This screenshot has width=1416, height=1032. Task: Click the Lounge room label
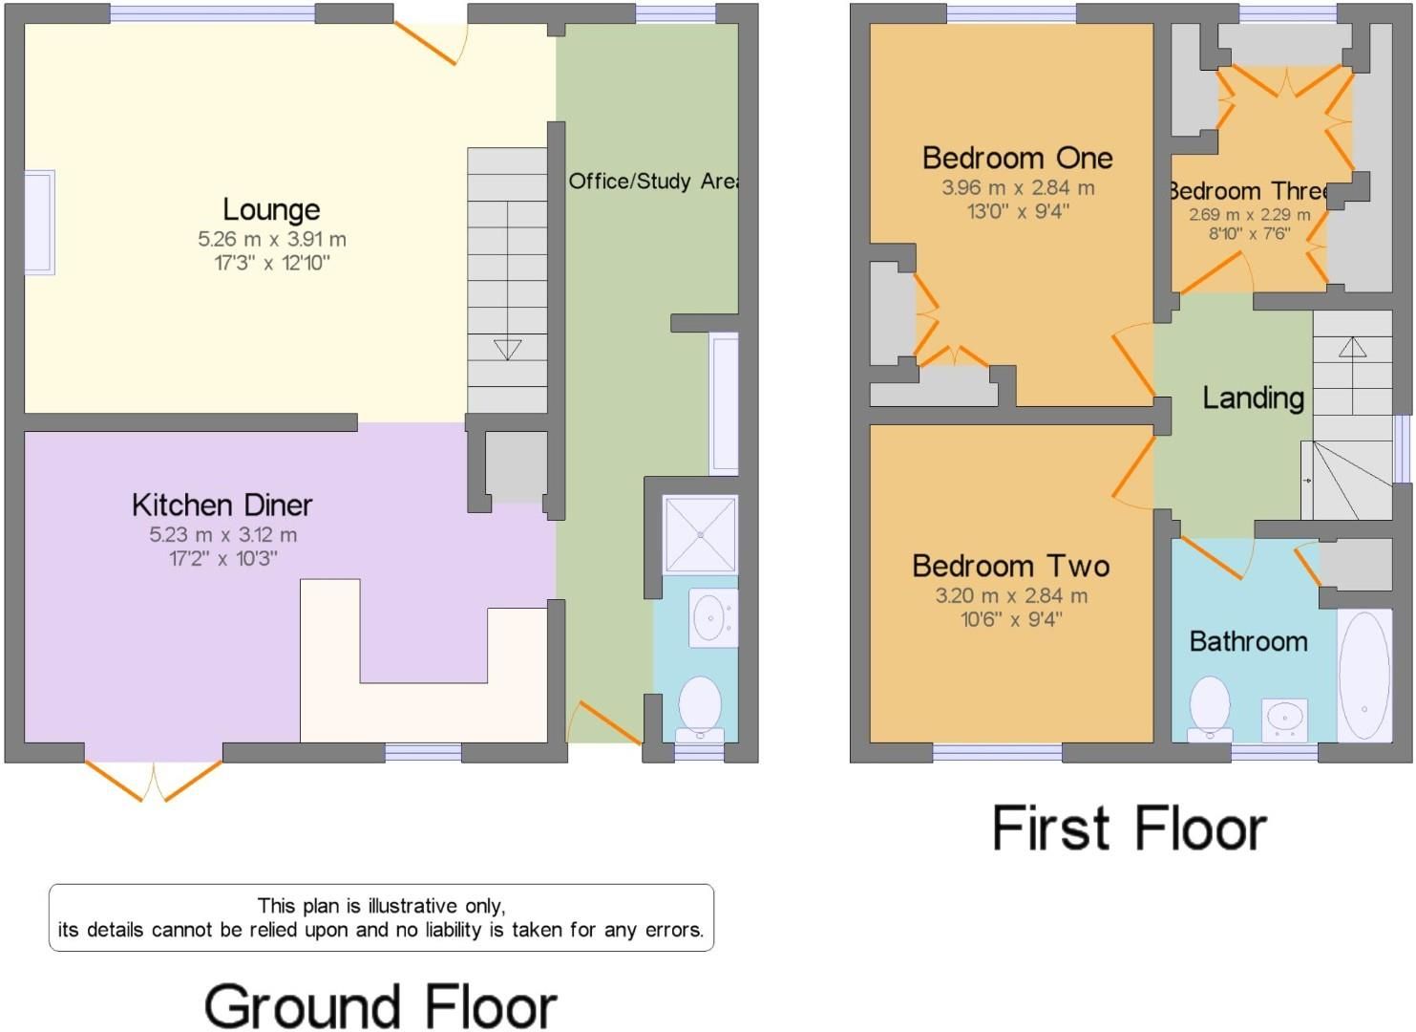(271, 209)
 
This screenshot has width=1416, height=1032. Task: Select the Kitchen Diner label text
(222, 505)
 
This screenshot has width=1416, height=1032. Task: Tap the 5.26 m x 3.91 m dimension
(271, 239)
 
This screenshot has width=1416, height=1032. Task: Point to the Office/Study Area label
(652, 181)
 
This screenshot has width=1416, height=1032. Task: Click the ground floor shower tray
(700, 534)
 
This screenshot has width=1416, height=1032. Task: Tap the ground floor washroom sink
(711, 617)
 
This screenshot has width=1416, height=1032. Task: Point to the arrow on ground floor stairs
(508, 350)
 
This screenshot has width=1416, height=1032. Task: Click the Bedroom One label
(1017, 158)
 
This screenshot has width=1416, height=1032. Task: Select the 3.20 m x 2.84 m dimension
(1010, 595)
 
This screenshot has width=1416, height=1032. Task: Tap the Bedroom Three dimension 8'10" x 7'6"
(1249, 233)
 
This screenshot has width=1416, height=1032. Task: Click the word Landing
(1253, 398)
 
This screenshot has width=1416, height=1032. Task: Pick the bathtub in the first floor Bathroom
(1363, 675)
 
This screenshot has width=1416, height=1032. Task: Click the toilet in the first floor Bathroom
(1210, 708)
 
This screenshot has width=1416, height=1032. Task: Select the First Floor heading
(1129, 828)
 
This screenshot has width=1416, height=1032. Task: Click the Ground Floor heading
(380, 1006)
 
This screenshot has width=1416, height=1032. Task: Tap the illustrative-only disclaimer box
(381, 917)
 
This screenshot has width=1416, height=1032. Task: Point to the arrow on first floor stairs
(1352, 347)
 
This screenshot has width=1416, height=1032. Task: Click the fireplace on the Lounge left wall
(39, 223)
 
